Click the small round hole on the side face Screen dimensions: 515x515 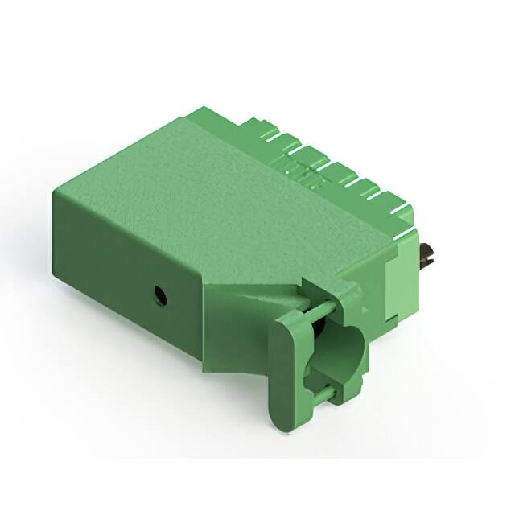(x=160, y=295)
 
